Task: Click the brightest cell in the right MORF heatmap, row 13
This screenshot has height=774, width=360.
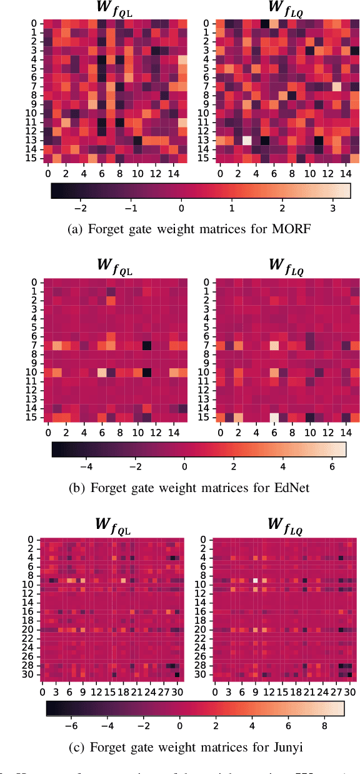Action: pyautogui.click(x=247, y=141)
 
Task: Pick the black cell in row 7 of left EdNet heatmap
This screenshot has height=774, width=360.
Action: pyautogui.click(x=147, y=345)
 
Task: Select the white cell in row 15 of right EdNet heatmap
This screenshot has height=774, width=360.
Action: pyautogui.click(x=274, y=418)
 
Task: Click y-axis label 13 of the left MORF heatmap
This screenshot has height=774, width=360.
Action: pyautogui.click(x=29, y=141)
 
